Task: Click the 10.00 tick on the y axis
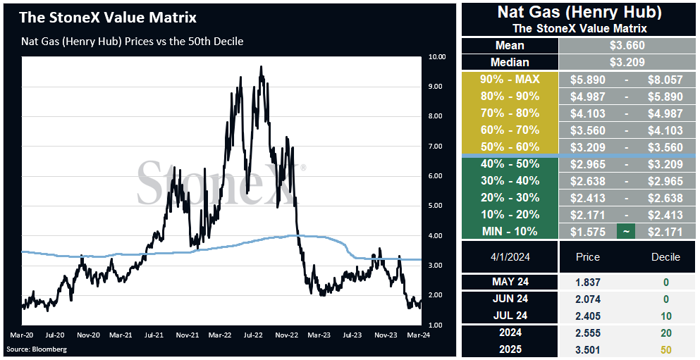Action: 436,56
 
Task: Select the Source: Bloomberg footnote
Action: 36,349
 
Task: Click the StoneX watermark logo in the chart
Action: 221,182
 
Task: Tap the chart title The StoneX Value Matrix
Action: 107,18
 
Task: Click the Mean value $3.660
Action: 627,46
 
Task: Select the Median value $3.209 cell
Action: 627,62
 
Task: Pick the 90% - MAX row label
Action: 510,80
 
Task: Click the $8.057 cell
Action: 665,80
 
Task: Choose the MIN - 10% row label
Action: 510,232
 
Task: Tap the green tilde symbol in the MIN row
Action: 625,232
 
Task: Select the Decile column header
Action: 665,257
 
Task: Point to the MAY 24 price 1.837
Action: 589,282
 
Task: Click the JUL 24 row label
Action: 510,316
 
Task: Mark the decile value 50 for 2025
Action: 665,350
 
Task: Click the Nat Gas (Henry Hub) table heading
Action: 579,12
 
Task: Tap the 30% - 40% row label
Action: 510,180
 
